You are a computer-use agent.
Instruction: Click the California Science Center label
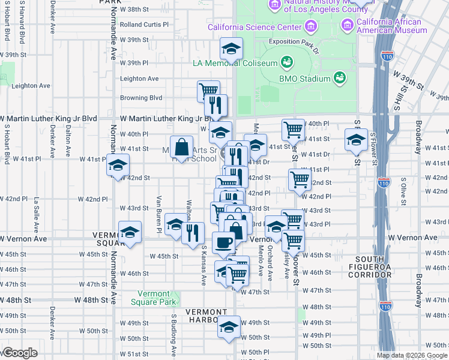255,27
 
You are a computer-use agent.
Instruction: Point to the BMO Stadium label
297,79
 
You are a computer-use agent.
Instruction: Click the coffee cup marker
224,242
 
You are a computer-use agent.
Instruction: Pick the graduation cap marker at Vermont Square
130,232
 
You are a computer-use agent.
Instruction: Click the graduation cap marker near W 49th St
228,326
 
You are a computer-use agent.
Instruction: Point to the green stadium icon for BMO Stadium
340,77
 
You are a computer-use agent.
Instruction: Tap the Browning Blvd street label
141,97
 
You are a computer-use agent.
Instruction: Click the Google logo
20,353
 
